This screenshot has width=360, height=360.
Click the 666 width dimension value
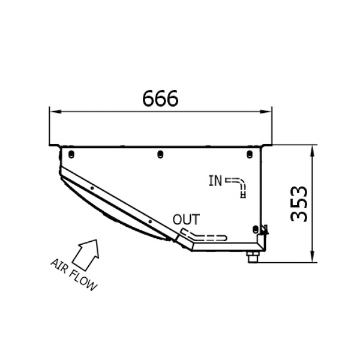(161, 98)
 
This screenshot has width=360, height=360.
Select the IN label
(215, 179)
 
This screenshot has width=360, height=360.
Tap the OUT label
(184, 219)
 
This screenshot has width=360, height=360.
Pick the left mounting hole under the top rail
(70, 155)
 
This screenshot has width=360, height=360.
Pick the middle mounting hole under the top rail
(160, 155)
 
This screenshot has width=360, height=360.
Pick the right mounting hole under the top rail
(250, 155)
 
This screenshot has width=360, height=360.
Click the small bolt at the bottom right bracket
(251, 257)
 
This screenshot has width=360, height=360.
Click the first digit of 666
(149, 98)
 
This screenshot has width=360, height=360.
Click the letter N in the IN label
(218, 179)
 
